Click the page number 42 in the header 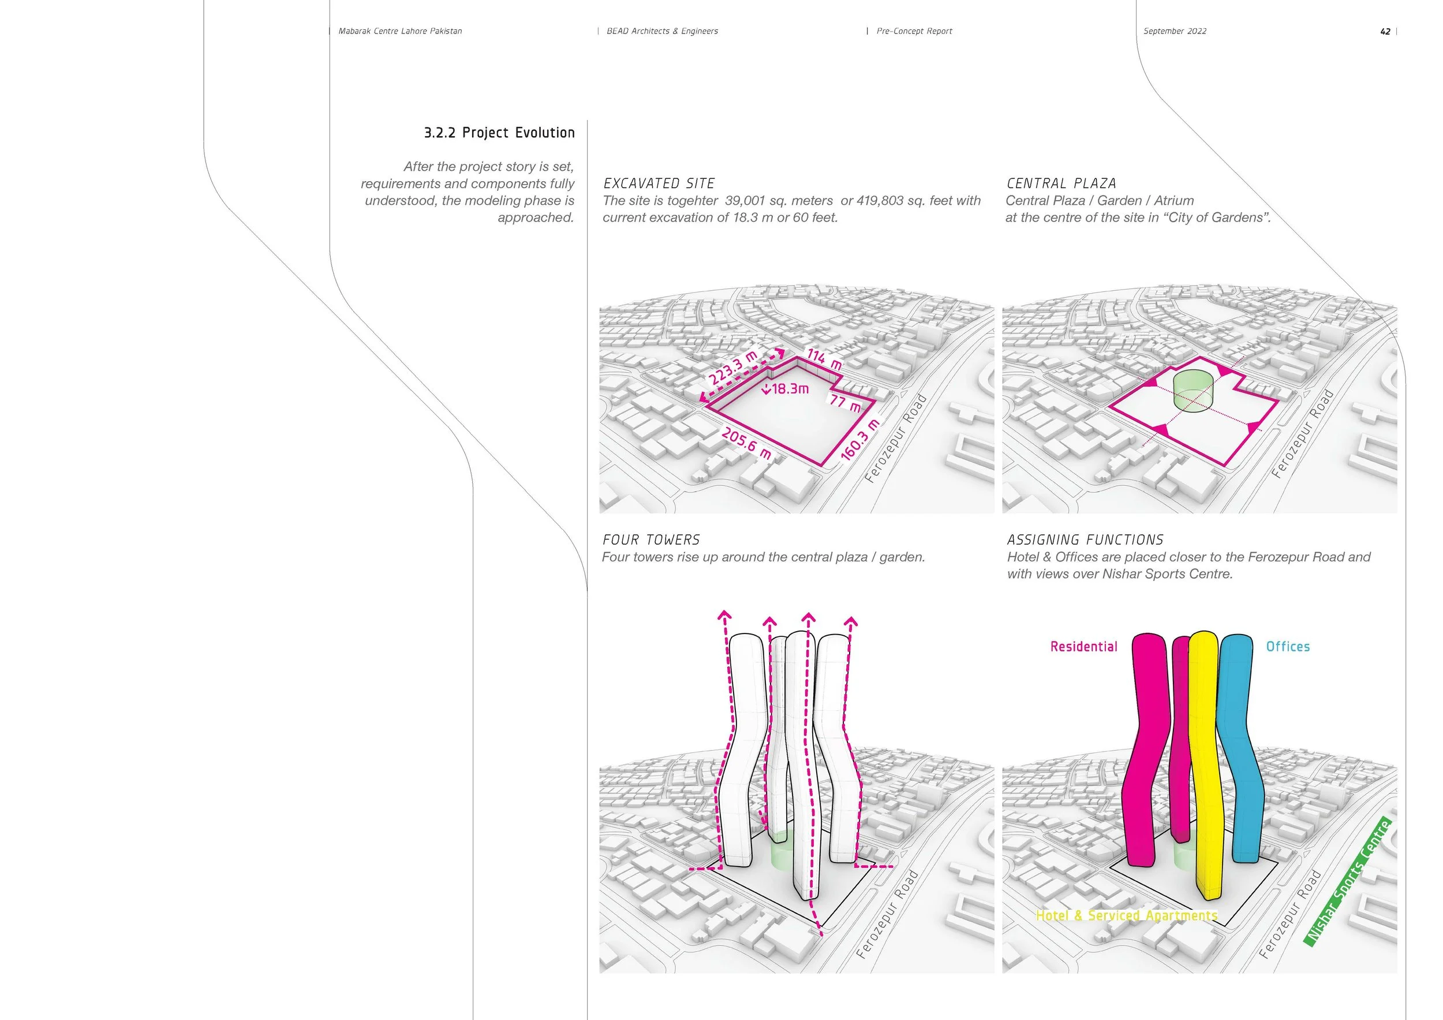[1385, 31]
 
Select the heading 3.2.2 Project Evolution [499, 133]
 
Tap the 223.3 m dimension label [733, 369]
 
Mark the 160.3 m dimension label [860, 439]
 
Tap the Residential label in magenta [1083, 646]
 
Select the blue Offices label [1288, 646]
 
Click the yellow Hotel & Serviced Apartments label [1126, 915]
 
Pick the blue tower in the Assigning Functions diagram [1241, 753]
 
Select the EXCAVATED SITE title [659, 183]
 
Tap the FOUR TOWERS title [651, 539]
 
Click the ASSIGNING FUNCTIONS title [1085, 539]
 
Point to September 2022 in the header [1175, 31]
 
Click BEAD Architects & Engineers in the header [662, 31]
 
